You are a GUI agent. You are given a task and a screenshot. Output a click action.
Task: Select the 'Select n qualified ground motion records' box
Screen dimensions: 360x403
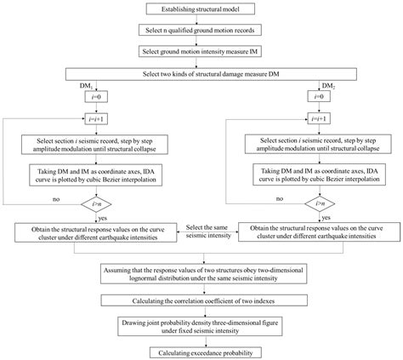pos(201,30)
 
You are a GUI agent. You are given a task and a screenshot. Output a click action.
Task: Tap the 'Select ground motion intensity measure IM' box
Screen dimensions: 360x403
pos(201,51)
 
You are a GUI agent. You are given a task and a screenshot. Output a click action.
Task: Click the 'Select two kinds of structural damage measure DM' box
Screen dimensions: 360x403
pos(201,73)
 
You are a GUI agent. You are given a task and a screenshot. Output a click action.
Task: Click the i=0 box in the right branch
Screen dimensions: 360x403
pos(326,100)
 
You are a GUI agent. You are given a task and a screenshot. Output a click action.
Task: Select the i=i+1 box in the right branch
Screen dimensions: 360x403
pos(326,120)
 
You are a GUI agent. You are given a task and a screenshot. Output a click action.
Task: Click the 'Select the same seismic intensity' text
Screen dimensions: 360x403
pos(200,230)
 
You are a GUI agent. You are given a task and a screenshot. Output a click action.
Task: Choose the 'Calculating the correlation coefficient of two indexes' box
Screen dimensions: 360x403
pos(201,300)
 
